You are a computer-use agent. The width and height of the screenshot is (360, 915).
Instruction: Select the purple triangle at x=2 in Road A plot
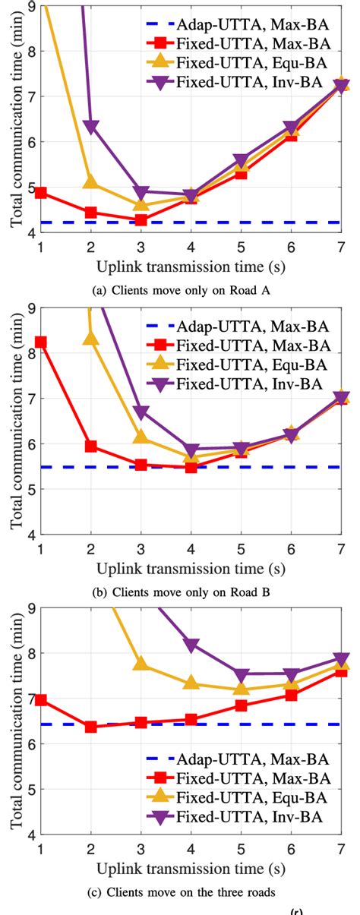[x=91, y=127]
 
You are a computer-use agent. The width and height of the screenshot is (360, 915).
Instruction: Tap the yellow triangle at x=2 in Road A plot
[x=91, y=182]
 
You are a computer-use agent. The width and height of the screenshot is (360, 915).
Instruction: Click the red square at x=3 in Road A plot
[x=141, y=220]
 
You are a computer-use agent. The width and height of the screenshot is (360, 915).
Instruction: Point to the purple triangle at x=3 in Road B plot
[x=141, y=412]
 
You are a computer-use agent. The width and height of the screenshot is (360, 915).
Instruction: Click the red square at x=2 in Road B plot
[x=91, y=446]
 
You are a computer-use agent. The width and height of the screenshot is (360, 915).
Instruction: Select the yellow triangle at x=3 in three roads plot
[x=141, y=663]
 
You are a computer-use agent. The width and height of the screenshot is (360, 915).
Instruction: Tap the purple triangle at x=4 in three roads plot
[x=191, y=645]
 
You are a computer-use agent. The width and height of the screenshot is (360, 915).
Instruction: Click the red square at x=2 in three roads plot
[x=91, y=727]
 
